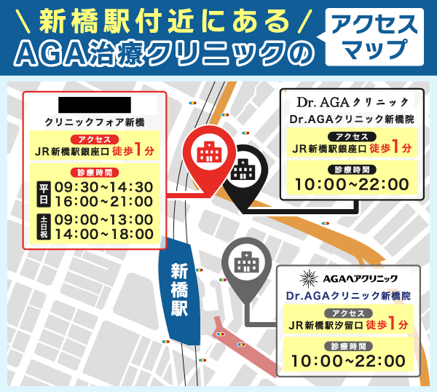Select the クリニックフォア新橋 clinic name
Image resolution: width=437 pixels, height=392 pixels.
click(95, 121)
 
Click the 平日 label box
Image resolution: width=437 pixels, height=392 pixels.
click(42, 194)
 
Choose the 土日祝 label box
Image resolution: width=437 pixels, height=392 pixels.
click(42, 227)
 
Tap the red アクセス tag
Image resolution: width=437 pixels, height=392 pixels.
click(94, 139)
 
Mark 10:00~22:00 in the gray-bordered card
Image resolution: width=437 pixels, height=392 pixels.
click(348, 360)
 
